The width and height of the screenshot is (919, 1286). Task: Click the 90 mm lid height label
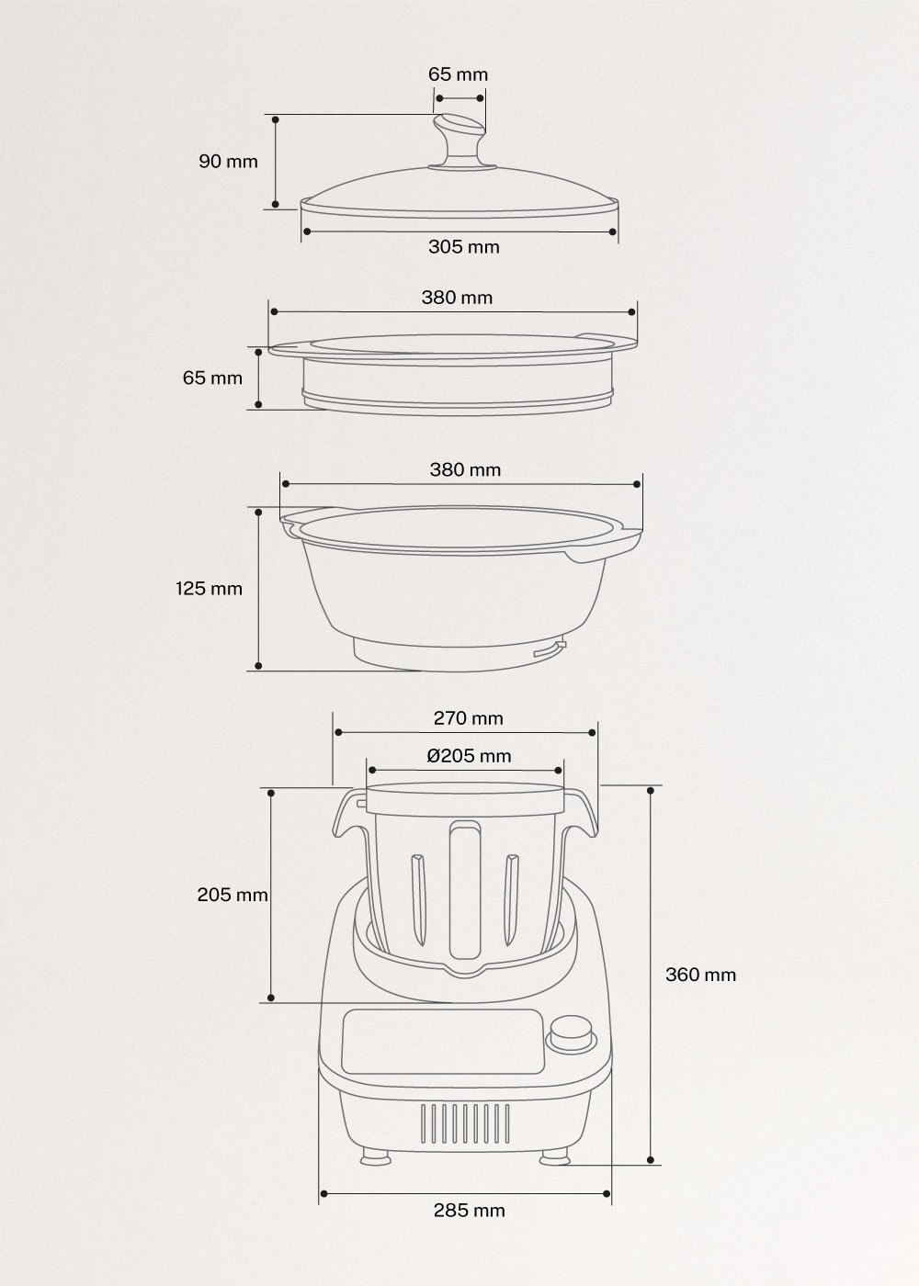(x=228, y=162)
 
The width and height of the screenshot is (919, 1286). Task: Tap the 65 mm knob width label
(x=459, y=74)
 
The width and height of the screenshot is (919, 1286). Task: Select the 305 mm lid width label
(x=463, y=246)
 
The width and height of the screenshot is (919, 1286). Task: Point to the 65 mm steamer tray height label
(x=212, y=378)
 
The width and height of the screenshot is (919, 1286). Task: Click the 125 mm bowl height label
(x=210, y=588)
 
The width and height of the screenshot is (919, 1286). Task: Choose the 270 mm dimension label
(x=468, y=718)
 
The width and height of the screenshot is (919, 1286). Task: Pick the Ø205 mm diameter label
(x=469, y=756)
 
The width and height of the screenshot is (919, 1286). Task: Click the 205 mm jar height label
(x=233, y=894)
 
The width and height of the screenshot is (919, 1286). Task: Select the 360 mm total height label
(x=700, y=975)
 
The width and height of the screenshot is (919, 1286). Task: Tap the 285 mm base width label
(x=469, y=1210)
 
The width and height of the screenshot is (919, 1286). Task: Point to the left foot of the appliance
(x=374, y=1154)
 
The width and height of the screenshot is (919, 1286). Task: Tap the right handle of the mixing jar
(x=581, y=814)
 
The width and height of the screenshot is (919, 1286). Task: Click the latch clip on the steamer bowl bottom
(x=549, y=650)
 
